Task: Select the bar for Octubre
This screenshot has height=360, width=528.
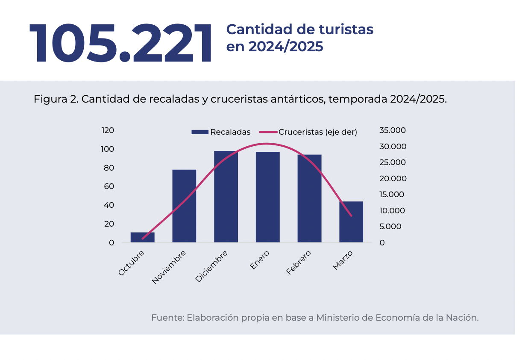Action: (143, 237)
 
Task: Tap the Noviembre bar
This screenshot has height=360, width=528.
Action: (184, 206)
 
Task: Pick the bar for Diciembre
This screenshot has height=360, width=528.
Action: (226, 197)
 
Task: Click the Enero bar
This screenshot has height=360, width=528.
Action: (268, 197)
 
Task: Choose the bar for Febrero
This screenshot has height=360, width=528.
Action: (309, 198)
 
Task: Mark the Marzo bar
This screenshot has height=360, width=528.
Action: (351, 222)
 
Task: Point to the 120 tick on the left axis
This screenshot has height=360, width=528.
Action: (108, 130)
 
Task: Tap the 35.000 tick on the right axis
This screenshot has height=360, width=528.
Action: (393, 130)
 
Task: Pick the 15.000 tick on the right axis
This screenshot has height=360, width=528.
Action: (392, 195)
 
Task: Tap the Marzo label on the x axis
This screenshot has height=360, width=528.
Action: (343, 260)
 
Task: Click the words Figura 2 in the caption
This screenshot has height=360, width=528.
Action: (55, 99)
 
